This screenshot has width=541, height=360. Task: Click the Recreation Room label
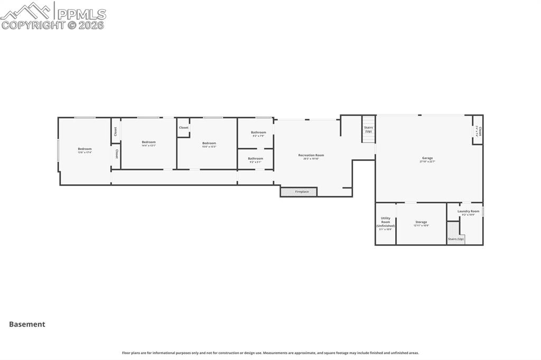(x=311, y=155)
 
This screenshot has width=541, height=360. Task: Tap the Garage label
(x=427, y=158)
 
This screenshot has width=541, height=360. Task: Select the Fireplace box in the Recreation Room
(x=299, y=192)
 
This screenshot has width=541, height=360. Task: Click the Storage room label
(x=421, y=222)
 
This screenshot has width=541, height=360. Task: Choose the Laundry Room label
(x=468, y=211)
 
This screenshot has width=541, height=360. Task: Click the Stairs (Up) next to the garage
(x=368, y=129)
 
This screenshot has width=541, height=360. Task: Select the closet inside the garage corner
(x=478, y=130)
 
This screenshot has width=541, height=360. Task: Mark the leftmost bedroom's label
(x=85, y=149)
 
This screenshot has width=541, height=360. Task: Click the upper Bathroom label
(x=258, y=132)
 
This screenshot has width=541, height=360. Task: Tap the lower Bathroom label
(x=255, y=158)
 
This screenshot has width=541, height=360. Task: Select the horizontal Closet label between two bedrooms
(x=183, y=128)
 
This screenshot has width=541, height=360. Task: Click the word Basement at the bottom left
(x=27, y=325)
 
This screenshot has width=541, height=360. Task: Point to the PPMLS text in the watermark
(x=81, y=14)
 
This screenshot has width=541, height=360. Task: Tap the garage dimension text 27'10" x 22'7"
(x=427, y=162)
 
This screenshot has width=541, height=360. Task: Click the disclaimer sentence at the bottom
(x=270, y=353)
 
